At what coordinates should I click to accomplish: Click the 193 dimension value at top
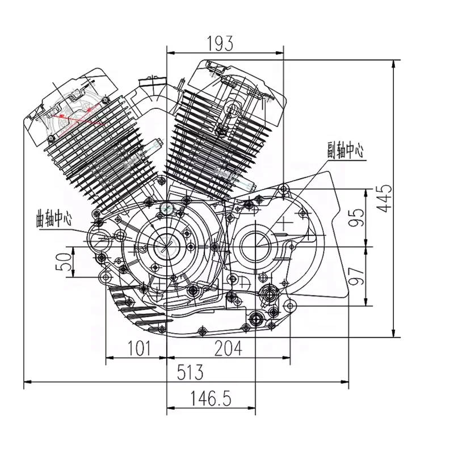[x=220, y=44]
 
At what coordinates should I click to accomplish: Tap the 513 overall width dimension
[x=190, y=372]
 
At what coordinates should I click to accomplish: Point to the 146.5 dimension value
[x=211, y=398]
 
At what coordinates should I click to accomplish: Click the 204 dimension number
[x=228, y=348]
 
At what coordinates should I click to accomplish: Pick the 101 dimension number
[x=139, y=348]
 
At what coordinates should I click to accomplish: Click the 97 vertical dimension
[x=356, y=276]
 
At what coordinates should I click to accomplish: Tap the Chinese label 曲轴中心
[x=53, y=219]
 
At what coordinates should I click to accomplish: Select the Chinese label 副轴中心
[x=346, y=150]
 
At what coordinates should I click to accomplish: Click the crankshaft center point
[x=167, y=247]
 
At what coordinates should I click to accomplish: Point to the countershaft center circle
[x=256, y=246]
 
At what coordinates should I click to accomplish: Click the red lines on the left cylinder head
[x=78, y=116]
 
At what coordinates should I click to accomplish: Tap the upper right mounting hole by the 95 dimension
[x=284, y=190]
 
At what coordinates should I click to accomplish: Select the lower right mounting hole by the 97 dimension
[x=290, y=305]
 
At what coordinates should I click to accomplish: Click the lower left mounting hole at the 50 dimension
[x=106, y=278]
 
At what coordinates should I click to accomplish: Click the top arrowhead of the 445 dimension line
[x=393, y=64]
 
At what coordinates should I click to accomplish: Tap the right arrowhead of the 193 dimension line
[x=280, y=53]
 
